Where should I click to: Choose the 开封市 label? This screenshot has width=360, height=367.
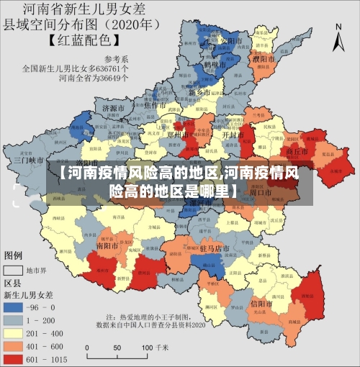[x=230, y=135]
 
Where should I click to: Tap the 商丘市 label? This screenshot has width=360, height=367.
[x=297, y=153]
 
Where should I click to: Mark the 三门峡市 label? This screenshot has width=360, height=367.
[x=32, y=160]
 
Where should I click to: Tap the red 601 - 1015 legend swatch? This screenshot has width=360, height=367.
[x=14, y=358]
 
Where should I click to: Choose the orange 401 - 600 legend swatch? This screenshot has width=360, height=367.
[x=14, y=345]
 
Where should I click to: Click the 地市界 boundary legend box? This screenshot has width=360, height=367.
[x=14, y=271]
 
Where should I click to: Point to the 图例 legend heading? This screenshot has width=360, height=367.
[x=14, y=255]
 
